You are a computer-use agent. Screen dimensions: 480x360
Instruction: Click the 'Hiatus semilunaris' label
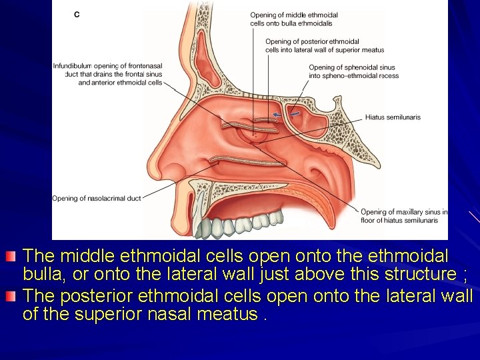(392, 118)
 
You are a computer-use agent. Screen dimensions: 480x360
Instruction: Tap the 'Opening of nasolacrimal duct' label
(97, 198)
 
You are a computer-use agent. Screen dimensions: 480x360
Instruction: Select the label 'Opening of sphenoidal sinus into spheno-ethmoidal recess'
(353, 71)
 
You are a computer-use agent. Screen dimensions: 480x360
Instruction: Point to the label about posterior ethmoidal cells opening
(324, 45)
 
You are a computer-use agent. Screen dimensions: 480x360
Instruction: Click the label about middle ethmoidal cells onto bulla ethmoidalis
(294, 19)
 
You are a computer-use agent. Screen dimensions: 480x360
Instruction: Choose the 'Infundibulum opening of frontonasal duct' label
(108, 74)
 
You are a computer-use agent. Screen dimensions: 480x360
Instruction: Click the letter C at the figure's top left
(77, 14)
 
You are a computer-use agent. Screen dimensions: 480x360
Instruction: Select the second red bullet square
(9, 295)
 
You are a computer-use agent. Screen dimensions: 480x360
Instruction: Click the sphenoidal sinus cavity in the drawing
(308, 123)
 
